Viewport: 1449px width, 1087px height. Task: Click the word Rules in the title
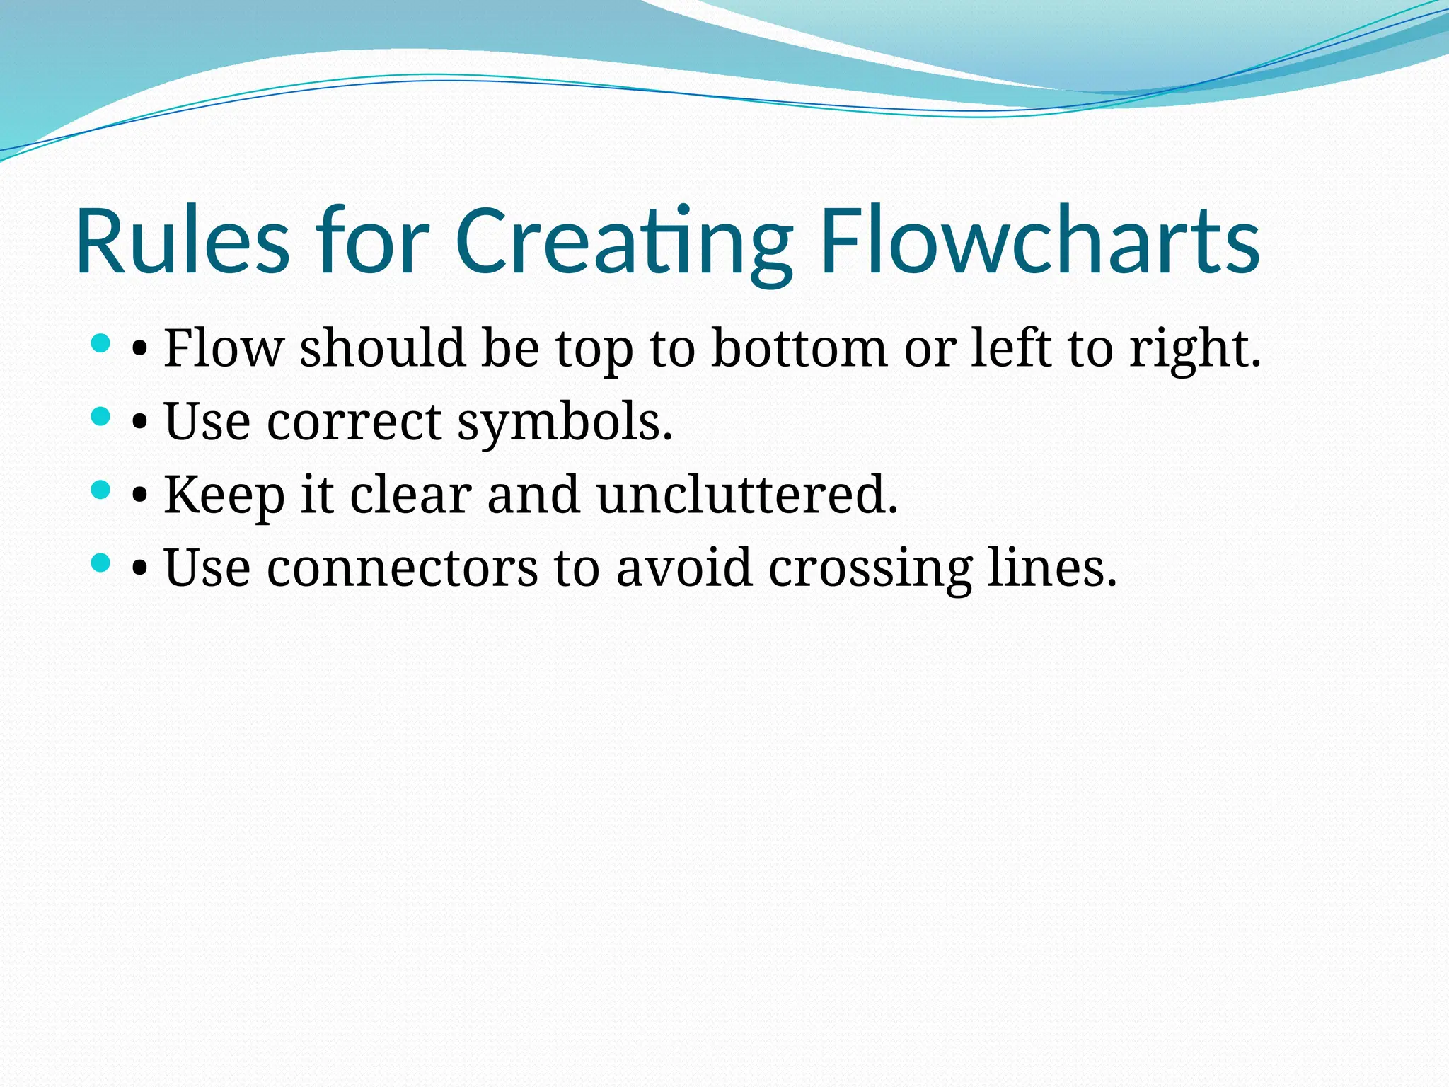[x=183, y=241]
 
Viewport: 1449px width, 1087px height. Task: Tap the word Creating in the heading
[x=623, y=241]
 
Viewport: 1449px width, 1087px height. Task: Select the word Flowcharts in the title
[x=1040, y=241]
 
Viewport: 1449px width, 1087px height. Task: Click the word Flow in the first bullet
[x=224, y=348]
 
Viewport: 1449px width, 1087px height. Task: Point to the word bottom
[x=799, y=348]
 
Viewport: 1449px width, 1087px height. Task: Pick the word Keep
[x=224, y=495]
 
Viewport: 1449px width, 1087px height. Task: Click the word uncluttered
[x=747, y=495]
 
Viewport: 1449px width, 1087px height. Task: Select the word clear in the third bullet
[x=410, y=495]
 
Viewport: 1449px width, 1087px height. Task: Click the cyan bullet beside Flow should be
[x=101, y=344]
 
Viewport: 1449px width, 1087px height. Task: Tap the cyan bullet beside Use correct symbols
[x=101, y=417]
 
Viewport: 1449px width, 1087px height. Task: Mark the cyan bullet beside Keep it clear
[x=101, y=490]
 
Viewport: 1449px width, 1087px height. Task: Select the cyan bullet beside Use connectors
[x=101, y=563]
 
